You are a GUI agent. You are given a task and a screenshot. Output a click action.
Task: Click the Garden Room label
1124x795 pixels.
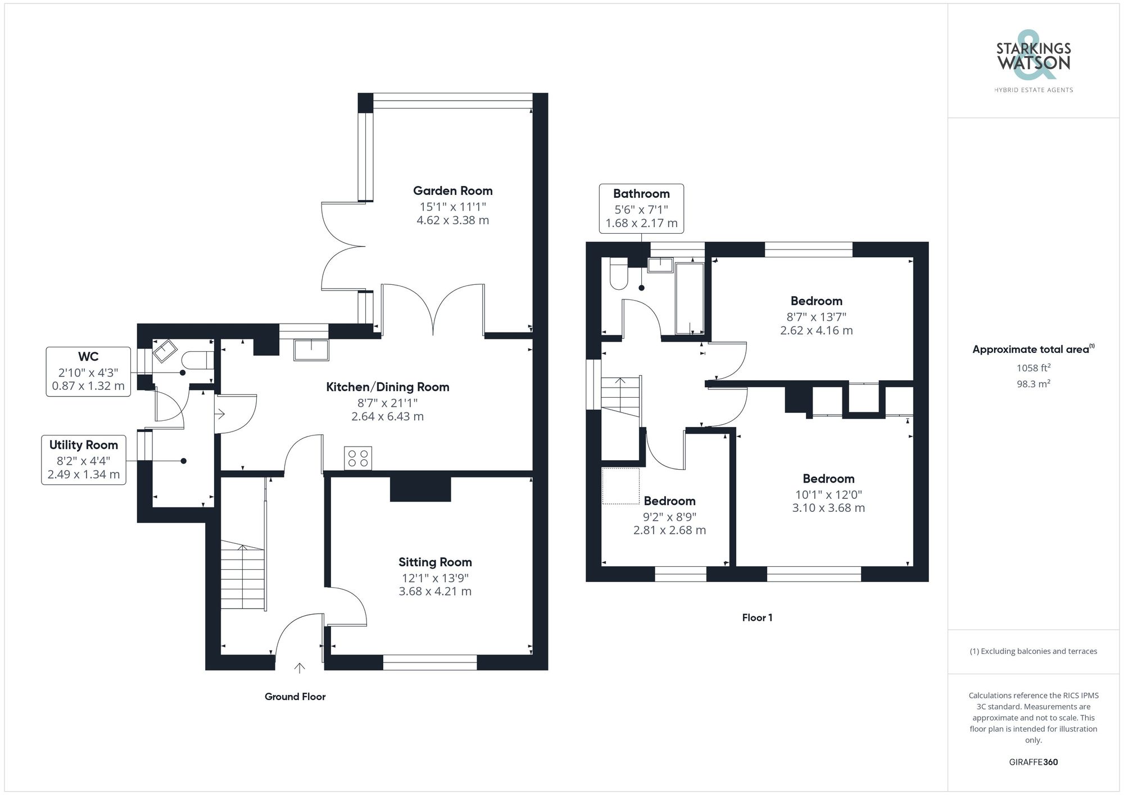coord(452,191)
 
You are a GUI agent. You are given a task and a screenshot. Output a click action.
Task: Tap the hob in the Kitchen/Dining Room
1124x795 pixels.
coord(358,458)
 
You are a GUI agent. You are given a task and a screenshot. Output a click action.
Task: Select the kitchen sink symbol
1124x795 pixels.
coord(311,349)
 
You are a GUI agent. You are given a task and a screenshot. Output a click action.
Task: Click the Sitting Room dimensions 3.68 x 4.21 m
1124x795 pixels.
coord(434,592)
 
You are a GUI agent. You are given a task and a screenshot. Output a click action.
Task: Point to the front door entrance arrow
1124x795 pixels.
coord(300,667)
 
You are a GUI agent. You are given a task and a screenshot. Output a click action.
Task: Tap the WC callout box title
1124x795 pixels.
coord(88,356)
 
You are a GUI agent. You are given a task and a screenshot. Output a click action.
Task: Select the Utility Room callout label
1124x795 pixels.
coord(83,445)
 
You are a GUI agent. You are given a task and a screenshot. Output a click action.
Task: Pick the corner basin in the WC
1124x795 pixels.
coord(164,351)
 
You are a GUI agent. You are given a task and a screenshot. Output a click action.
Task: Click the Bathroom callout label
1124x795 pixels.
coord(641,194)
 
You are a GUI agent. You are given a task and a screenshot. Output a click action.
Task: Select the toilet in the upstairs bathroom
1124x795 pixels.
coord(618,274)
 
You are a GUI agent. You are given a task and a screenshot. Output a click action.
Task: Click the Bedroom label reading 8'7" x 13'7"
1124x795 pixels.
coord(816,301)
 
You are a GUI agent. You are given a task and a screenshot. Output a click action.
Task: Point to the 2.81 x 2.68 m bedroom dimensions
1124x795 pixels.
coord(669,530)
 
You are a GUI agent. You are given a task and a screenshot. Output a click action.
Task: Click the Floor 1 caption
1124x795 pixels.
coord(757,617)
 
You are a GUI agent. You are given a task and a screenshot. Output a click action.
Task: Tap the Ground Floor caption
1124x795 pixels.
coord(295,697)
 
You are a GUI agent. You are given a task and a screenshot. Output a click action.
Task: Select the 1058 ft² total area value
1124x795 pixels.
coord(1033,368)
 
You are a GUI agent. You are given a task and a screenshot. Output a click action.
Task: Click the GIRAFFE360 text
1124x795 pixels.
coord(1033,762)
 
